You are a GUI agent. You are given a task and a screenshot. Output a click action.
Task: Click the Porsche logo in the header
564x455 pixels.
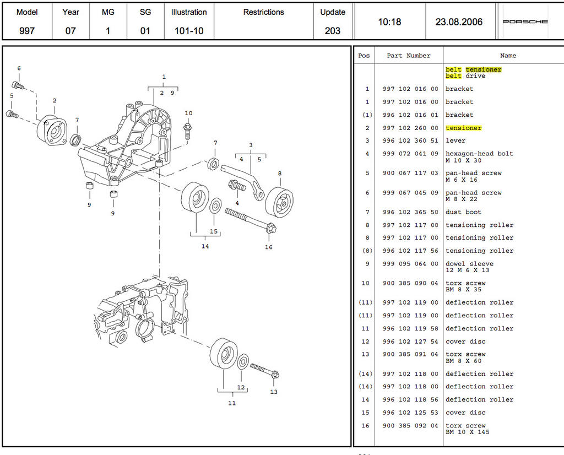(x=525, y=22)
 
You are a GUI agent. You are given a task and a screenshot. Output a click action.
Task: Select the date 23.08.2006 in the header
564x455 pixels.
(x=459, y=22)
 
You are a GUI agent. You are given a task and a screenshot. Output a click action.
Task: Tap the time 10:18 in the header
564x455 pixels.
(x=389, y=22)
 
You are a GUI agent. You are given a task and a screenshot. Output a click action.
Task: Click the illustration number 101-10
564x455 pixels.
(x=189, y=31)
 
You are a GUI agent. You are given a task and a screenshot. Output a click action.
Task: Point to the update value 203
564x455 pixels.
(x=333, y=31)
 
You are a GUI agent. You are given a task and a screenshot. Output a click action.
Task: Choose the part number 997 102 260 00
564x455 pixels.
(x=410, y=128)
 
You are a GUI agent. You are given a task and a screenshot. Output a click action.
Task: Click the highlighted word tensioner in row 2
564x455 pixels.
(x=463, y=128)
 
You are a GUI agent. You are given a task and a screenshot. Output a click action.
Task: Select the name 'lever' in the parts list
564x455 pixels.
(x=455, y=141)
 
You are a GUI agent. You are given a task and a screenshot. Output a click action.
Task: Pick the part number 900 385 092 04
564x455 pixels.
(x=410, y=426)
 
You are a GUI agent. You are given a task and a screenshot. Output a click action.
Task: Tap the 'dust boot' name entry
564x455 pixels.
(x=463, y=212)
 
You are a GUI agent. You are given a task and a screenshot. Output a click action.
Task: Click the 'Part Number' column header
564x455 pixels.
(x=408, y=56)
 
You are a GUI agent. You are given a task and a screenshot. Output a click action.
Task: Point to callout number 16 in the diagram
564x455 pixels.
(x=268, y=247)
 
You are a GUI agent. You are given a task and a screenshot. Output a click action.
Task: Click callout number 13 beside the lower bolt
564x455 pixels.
(x=274, y=392)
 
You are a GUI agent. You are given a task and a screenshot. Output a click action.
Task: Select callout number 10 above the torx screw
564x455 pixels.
(x=188, y=113)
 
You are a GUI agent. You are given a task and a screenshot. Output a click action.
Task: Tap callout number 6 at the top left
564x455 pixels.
(x=19, y=69)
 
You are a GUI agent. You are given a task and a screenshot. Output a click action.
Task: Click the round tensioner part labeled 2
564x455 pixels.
(x=52, y=127)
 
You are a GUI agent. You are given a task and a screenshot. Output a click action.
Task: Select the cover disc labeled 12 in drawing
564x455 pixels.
(x=243, y=362)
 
